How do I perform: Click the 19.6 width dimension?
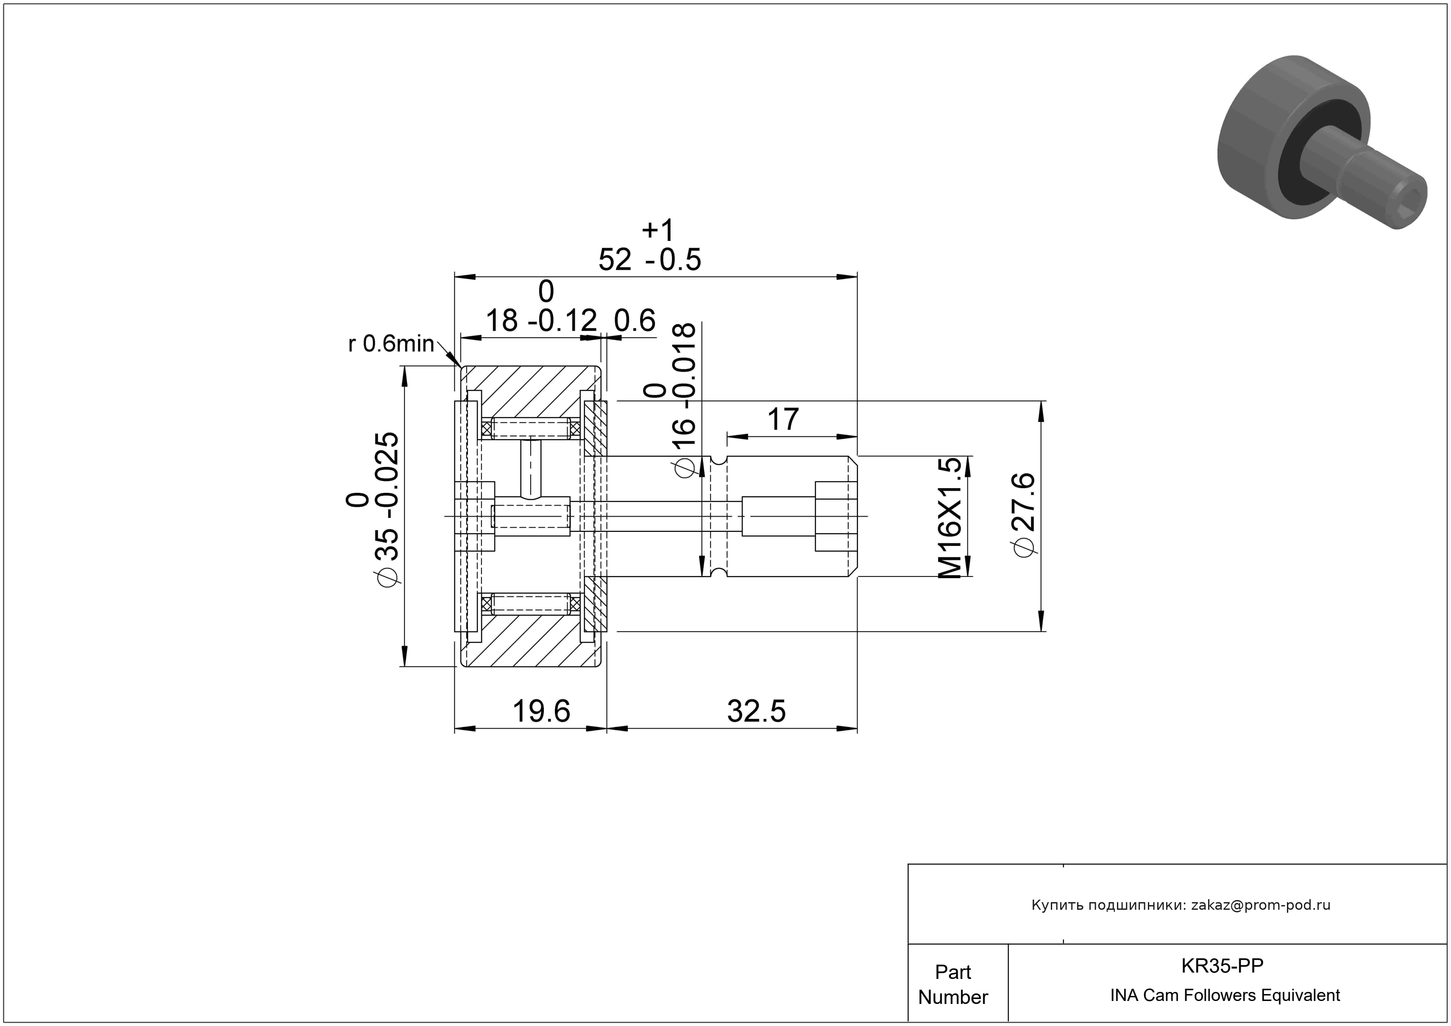coord(541,711)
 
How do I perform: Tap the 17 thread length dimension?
coord(783,419)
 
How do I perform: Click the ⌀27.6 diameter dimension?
coord(1024,514)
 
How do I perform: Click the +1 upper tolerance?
coord(658,230)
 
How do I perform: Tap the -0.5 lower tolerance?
coord(674,260)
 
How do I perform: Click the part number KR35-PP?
coord(1222,966)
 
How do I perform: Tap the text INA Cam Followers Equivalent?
coord(1225,995)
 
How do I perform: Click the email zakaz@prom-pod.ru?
coord(1261,905)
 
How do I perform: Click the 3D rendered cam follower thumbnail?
coord(1322,142)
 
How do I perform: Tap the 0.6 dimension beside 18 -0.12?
coord(635,321)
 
